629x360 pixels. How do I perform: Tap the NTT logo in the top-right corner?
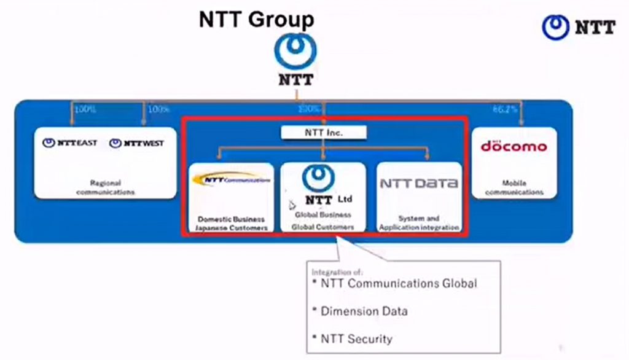click(x=578, y=27)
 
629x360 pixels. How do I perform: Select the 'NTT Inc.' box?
click(x=324, y=132)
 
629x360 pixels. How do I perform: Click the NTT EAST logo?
click(x=70, y=143)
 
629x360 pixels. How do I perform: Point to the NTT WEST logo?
click(x=136, y=143)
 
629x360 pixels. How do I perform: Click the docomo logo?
click(x=514, y=146)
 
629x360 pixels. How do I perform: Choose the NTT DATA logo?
click(x=418, y=183)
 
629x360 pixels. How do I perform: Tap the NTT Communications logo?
click(x=231, y=180)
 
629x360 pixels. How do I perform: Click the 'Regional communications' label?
click(x=105, y=187)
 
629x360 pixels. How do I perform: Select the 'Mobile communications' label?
click(x=514, y=187)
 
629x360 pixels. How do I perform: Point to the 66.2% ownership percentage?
click(x=504, y=109)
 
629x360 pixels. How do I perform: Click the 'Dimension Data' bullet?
click(x=364, y=311)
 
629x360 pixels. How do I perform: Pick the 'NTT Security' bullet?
click(x=356, y=338)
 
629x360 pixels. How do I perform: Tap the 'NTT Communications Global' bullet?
click(x=398, y=283)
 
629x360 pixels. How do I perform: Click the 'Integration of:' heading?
click(x=337, y=272)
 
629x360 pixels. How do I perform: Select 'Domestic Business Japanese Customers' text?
click(x=232, y=223)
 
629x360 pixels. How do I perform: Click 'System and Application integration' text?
click(x=419, y=223)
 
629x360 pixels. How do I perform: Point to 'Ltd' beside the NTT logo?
click(x=345, y=200)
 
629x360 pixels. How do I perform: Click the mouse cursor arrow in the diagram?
click(x=292, y=205)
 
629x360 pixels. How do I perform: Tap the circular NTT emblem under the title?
click(x=295, y=51)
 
